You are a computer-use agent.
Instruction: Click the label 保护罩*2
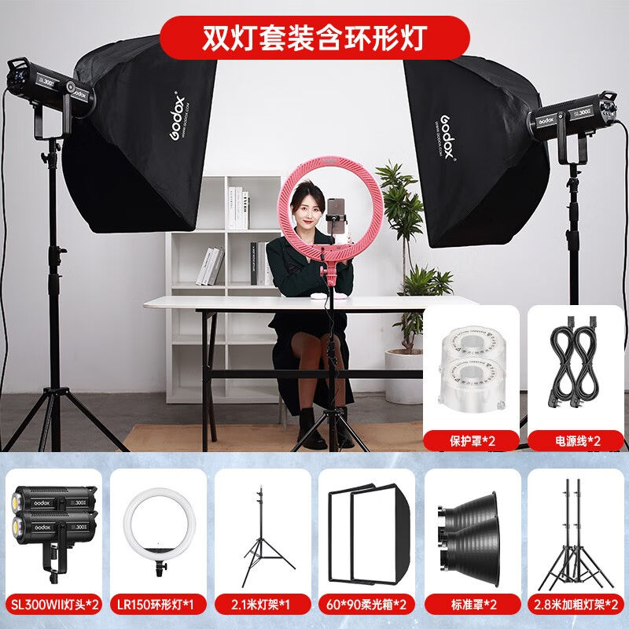click(472, 440)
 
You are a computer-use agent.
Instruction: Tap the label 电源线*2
click(576, 440)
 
